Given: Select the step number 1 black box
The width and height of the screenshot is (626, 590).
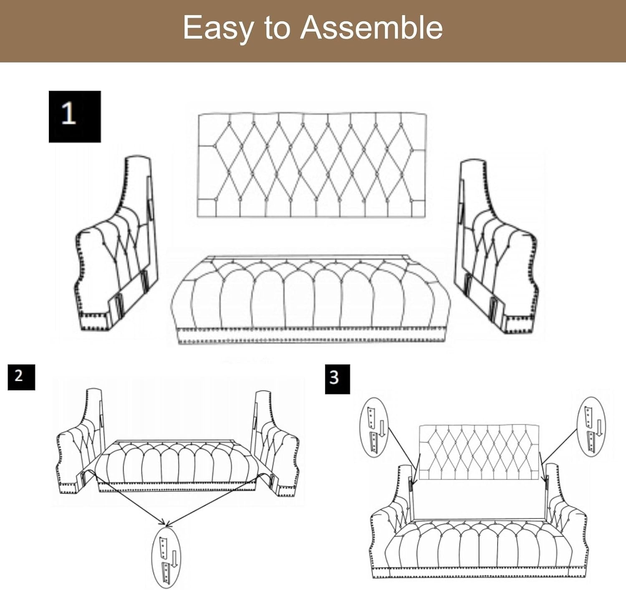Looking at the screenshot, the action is [75, 116].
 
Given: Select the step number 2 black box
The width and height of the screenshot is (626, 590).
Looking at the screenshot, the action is [21, 377].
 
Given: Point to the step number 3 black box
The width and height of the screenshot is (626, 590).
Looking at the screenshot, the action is [337, 379].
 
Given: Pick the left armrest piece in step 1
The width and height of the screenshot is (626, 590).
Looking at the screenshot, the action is [116, 243].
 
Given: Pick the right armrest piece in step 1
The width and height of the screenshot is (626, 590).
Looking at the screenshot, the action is [496, 246].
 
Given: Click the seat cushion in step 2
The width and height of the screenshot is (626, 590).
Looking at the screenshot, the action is [177, 466].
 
